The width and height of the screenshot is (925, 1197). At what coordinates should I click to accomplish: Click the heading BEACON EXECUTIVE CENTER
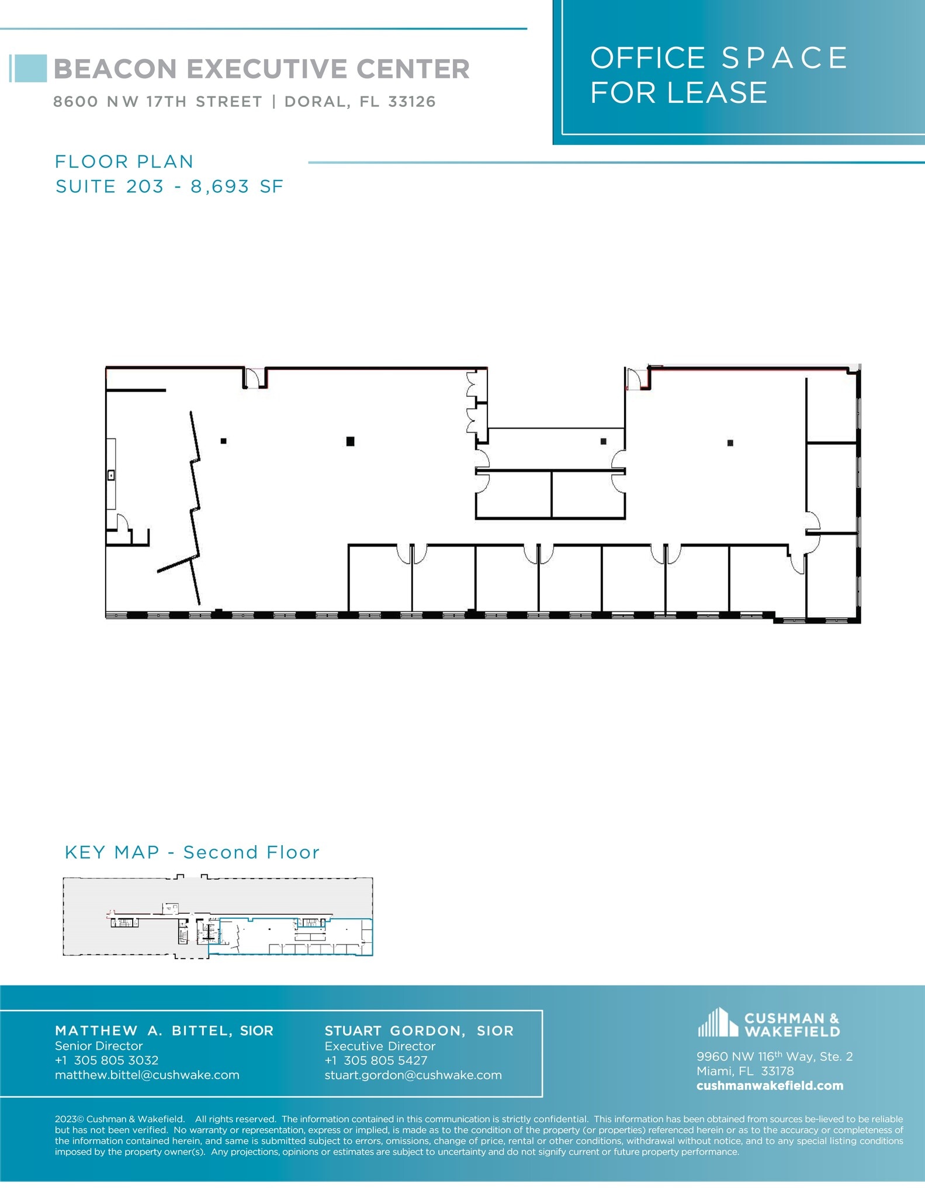point(261,69)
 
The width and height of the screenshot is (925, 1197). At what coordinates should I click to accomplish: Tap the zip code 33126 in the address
point(412,102)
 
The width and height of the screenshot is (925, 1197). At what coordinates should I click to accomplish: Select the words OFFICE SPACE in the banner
point(718,58)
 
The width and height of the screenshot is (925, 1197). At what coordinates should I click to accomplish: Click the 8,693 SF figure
point(237,186)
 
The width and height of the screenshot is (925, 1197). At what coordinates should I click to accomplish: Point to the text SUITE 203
point(109,186)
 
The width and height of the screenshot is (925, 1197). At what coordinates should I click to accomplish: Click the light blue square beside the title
point(29,68)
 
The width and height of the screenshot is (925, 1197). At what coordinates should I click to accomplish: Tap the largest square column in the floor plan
point(350,441)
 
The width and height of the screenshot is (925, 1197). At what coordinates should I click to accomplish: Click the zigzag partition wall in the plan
point(195,508)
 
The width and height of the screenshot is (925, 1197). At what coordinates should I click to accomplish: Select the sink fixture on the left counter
point(111,475)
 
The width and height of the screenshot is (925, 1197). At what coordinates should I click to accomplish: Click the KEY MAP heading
point(112,852)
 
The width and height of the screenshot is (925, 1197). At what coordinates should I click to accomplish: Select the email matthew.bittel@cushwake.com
point(147,1075)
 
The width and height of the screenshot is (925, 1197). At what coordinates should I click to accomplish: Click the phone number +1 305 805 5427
point(376,1060)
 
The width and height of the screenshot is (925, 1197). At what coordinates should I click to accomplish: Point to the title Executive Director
point(380,1046)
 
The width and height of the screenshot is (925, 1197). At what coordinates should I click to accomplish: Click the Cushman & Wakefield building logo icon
point(718,1023)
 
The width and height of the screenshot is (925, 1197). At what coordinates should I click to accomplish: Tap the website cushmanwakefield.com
point(770,1085)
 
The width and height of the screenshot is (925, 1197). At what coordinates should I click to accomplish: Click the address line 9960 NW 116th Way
point(774,1056)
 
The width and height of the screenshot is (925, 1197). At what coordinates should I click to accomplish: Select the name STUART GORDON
point(395,1030)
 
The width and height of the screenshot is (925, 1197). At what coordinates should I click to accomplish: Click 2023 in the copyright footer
point(65,1119)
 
